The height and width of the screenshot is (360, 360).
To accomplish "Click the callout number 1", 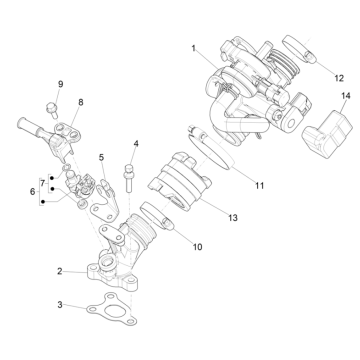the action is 193,49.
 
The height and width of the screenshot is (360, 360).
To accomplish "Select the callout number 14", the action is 346,96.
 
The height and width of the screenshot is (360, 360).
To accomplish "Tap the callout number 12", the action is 339,78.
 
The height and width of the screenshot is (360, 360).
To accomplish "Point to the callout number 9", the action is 60,84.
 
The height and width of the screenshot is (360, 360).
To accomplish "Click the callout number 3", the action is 60,305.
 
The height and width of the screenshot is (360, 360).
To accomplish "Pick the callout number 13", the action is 233,218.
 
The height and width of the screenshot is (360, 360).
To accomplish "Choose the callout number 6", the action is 32,192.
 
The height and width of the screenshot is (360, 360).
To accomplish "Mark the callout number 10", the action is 197,247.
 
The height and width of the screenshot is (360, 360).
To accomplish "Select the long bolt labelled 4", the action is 129,178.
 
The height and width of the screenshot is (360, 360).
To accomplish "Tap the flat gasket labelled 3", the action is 112,309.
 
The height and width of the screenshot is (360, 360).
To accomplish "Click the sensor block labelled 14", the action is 327,133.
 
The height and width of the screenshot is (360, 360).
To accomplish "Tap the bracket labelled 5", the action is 104,200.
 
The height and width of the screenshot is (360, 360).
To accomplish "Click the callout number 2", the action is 59,271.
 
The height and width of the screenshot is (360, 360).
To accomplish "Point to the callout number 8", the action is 81,102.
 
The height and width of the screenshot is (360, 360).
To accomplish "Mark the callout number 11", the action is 259,186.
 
